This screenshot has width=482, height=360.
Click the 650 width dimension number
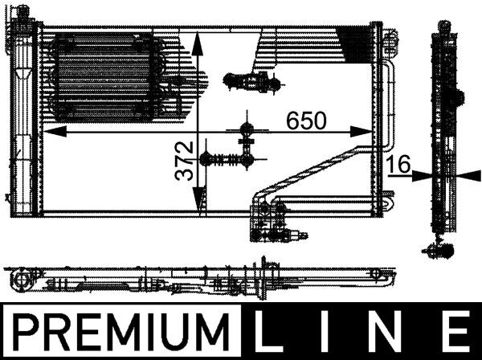click(x=306, y=121)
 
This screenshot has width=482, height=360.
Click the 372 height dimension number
click(x=184, y=161)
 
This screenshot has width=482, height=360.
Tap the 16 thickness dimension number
click(x=398, y=164)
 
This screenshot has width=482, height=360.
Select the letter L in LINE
click(x=268, y=331)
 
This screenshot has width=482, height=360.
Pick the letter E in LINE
click(x=457, y=331)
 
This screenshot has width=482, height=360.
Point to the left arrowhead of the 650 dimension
click(x=55, y=132)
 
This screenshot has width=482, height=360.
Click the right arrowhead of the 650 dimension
click(x=361, y=132)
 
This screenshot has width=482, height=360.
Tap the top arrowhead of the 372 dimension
click(x=198, y=43)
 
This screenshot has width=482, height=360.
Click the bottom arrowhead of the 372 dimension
click(x=198, y=200)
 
